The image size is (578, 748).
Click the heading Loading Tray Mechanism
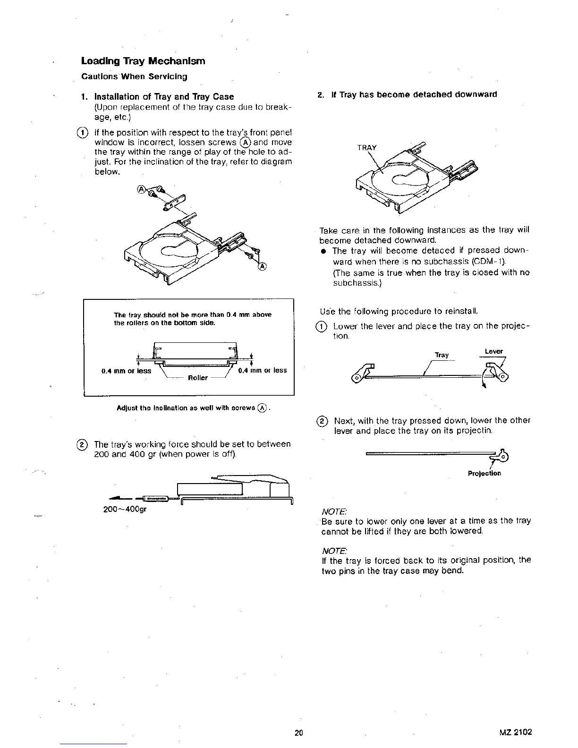pyautogui.click(x=143, y=61)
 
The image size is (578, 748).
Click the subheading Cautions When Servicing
pyautogui.click(x=134, y=76)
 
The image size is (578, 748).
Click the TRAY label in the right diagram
pyautogui.click(x=367, y=147)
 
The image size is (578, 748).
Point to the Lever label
pyautogui.click(x=493, y=351)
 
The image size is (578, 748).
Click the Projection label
pyautogui.click(x=484, y=473)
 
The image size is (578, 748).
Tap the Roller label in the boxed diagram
pyautogui.click(x=198, y=378)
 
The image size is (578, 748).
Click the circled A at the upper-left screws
pyautogui.click(x=141, y=190)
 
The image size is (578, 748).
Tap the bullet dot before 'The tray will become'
pyautogui.click(x=324, y=251)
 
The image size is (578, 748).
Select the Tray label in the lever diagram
pyautogui.click(x=442, y=355)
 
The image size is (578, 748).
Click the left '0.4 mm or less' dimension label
pyautogui.click(x=127, y=371)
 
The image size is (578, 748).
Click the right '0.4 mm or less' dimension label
pyautogui.click(x=263, y=370)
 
